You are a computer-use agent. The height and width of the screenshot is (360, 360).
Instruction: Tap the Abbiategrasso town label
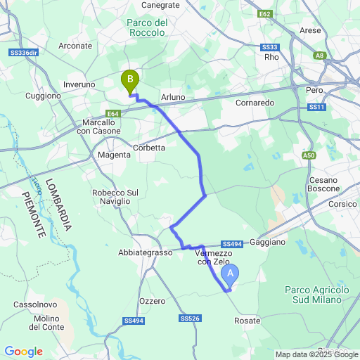click(146, 252)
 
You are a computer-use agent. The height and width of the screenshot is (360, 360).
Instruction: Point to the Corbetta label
click(149, 148)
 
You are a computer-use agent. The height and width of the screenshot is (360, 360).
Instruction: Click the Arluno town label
click(172, 97)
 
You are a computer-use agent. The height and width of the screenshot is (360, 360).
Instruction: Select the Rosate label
click(247, 321)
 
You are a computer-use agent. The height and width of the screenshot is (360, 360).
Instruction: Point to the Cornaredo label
click(255, 102)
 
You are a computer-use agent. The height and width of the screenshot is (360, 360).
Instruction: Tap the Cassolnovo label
click(30, 305)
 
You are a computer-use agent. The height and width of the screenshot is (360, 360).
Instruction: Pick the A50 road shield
click(309, 155)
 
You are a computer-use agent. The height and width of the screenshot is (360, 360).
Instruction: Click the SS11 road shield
click(317, 107)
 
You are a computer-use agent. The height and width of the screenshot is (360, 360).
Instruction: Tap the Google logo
click(23, 352)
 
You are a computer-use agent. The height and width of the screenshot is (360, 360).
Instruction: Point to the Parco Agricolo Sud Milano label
click(317, 295)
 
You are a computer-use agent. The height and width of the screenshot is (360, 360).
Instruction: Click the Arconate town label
click(76, 46)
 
